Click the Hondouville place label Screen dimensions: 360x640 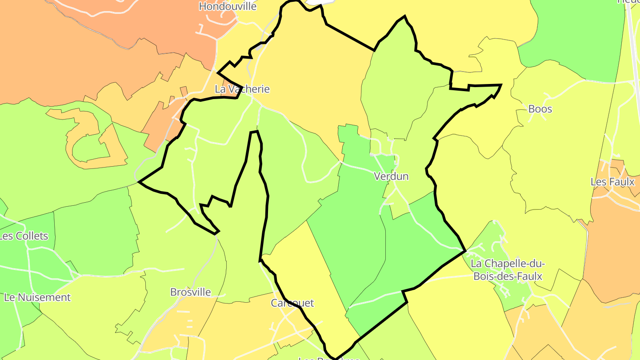[228, 6]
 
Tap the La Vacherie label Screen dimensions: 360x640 [242, 89]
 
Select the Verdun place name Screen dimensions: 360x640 [391, 176]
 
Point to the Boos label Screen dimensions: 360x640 [540, 109]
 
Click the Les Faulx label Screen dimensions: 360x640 [612, 182]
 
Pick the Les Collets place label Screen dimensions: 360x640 [24, 236]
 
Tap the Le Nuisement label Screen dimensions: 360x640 [37, 297]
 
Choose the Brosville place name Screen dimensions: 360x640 [191, 292]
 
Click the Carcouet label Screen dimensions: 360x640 [292, 303]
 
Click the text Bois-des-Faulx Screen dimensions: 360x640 [508, 276]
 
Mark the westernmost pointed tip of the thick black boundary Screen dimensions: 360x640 [140, 182]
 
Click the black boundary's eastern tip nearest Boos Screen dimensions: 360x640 [501, 85]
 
